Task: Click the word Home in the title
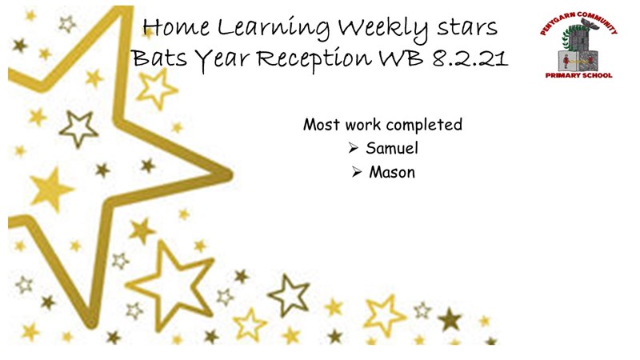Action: pyautogui.click(x=176, y=27)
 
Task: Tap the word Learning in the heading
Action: pyautogui.click(x=274, y=29)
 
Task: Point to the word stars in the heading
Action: pyautogui.click(x=467, y=28)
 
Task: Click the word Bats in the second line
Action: pyautogui.click(x=159, y=58)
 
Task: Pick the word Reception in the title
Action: pyautogui.click(x=314, y=58)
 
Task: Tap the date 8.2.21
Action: pyautogui.click(x=470, y=58)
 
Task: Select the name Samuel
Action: pyautogui.click(x=392, y=148)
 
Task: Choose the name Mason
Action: pyautogui.click(x=392, y=172)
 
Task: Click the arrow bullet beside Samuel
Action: pyautogui.click(x=354, y=148)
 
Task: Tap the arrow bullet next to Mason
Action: pyautogui.click(x=357, y=172)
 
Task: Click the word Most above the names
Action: pyautogui.click(x=318, y=124)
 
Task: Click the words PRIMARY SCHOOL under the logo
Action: pyautogui.click(x=578, y=75)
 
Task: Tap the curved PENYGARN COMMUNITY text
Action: pyautogui.click(x=578, y=22)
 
